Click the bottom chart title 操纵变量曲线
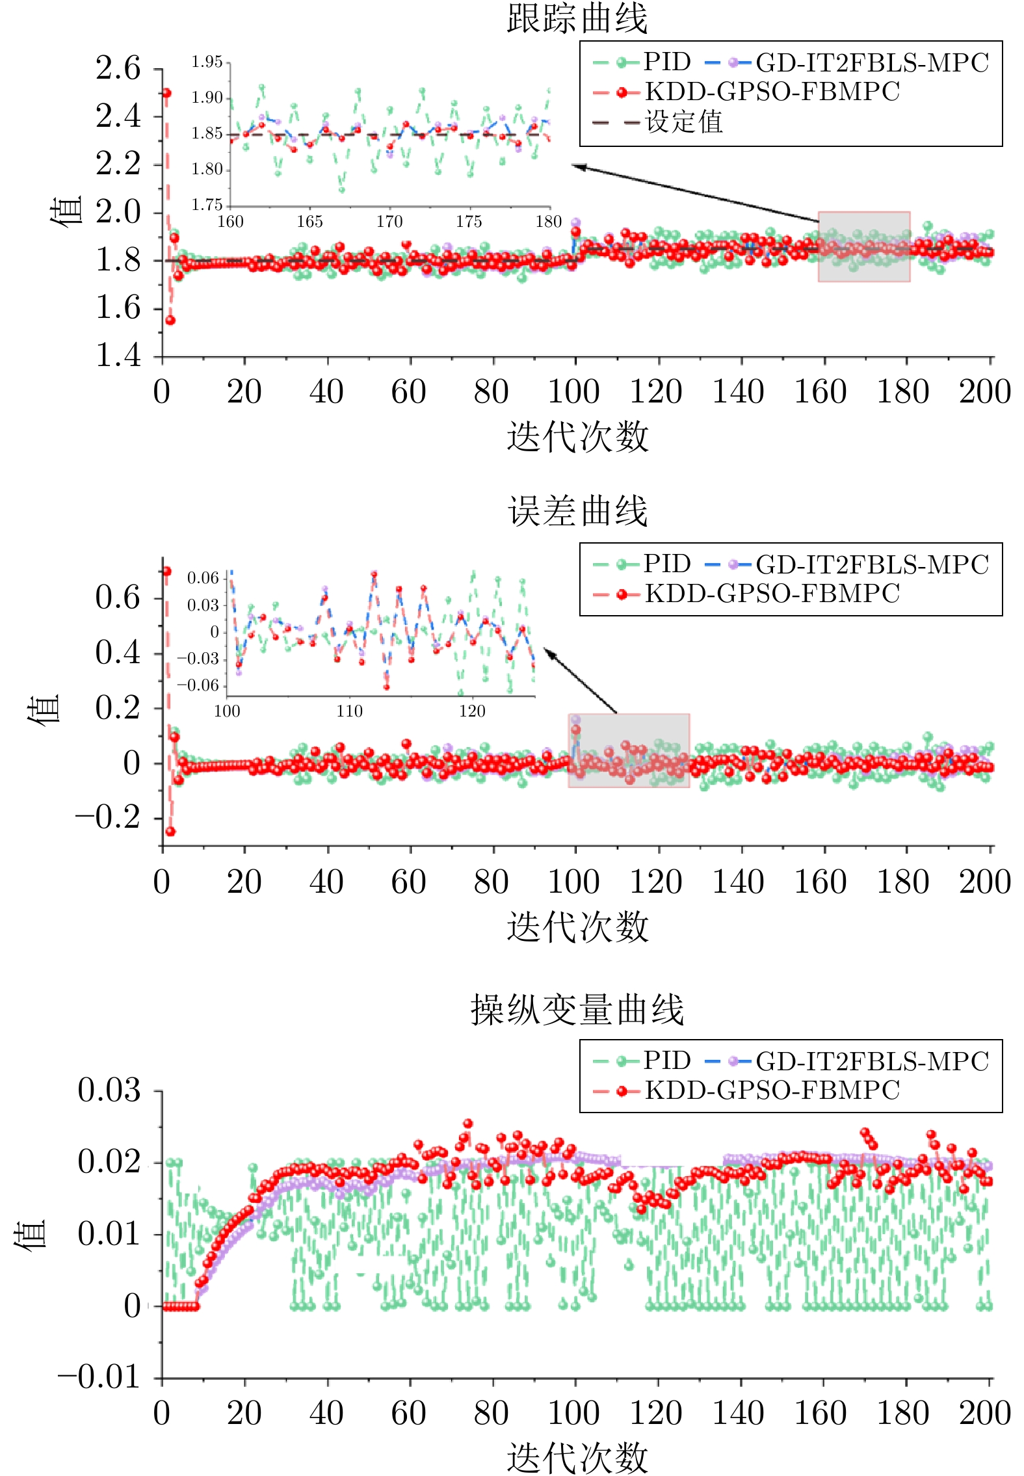577,1010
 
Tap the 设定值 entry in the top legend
683,122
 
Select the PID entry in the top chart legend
666,62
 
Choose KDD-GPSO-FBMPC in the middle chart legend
772,594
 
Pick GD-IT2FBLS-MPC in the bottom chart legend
871,1062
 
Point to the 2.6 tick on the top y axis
118,68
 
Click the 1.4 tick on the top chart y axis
118,356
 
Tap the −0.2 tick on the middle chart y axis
108,817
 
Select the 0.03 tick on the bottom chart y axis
109,1090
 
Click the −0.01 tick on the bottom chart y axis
99,1377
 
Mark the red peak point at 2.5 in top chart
166,93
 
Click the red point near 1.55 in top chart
170,320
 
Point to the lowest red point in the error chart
170,832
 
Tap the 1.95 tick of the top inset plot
207,62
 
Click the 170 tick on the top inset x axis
389,222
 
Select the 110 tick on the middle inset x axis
349,711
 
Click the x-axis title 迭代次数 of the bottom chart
577,1456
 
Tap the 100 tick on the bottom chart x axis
573,1412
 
